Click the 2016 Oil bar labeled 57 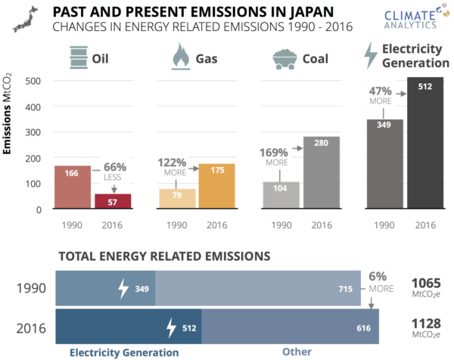pyautogui.click(x=112, y=201)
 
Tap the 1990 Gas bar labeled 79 pyautogui.click(x=177, y=198)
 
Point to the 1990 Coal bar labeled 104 pyautogui.click(x=281, y=194)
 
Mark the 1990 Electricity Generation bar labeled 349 pyautogui.click(x=384, y=163)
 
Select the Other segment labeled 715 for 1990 pyautogui.click(x=257, y=288)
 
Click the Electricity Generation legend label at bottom pyautogui.click(x=124, y=352)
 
